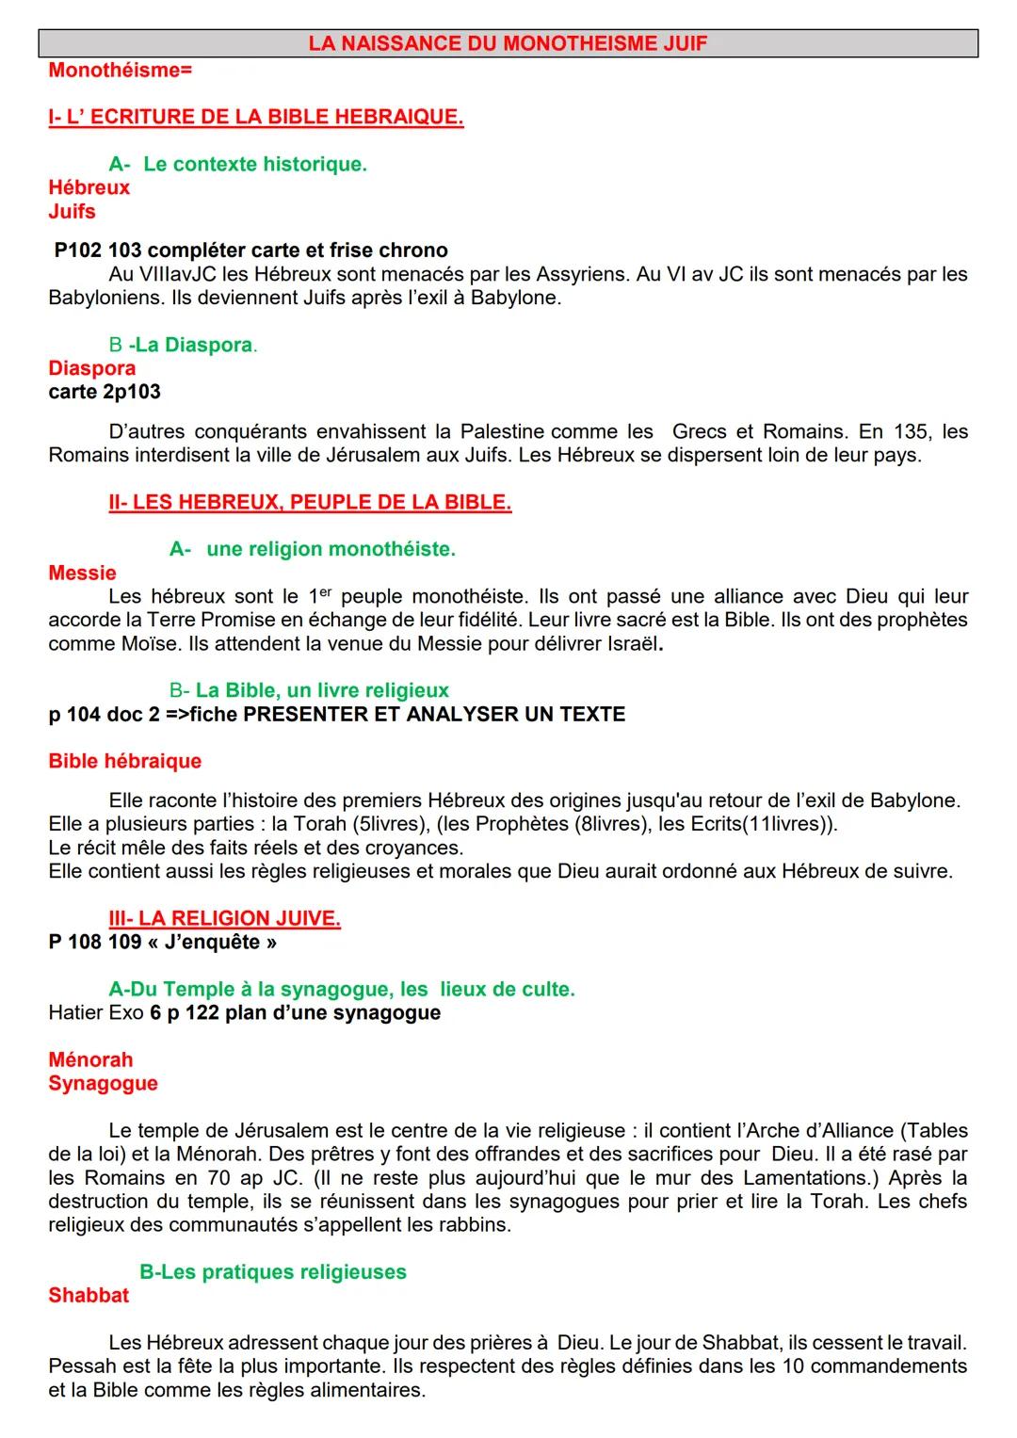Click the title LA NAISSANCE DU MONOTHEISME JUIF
508,43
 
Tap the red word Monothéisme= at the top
120,70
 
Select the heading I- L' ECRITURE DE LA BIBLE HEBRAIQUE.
255,117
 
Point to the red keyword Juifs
73,211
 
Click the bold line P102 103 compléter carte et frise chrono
250,250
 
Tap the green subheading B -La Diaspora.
183,345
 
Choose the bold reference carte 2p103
105,392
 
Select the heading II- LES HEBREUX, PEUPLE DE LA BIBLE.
310,502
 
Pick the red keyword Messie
83,573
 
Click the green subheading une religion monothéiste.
331,549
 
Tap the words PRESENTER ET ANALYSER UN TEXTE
434,714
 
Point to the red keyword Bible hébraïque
125,761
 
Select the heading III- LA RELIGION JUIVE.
224,918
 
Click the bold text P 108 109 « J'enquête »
163,942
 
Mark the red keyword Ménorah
90,1059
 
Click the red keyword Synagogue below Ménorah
103,1083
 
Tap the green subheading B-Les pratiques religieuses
273,1271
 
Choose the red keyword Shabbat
89,1295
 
